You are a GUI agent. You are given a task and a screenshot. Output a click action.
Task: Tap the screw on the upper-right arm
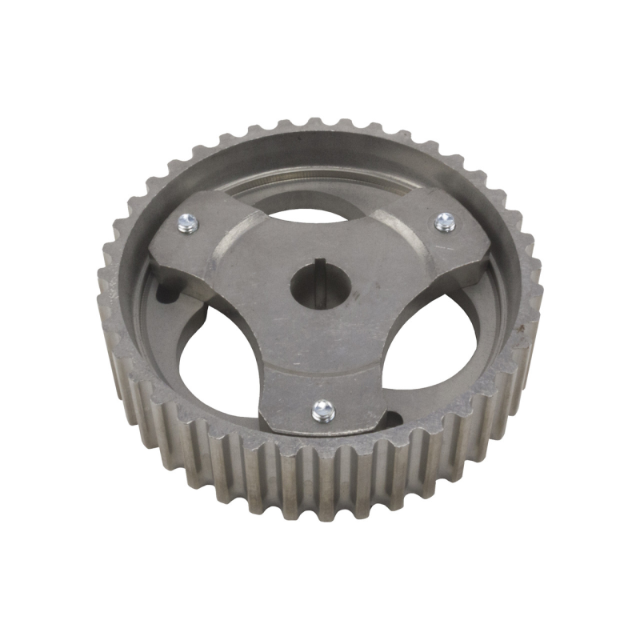[x=445, y=222]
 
